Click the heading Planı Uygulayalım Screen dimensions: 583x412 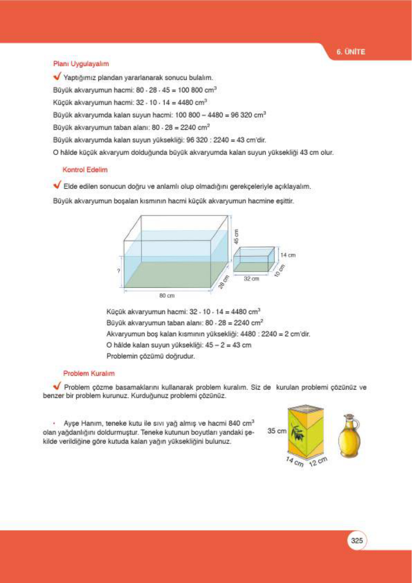coord(81,64)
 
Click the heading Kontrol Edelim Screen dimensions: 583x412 coord(85,170)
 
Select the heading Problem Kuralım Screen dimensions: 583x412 coord(89,373)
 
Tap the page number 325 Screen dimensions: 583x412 coord(357,540)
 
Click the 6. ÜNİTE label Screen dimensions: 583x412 coord(351,52)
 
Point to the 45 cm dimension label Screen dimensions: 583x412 coord(236,237)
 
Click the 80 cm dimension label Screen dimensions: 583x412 coord(167,296)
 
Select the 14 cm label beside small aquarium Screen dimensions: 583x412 coord(288,255)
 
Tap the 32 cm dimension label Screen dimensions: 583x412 coord(251,279)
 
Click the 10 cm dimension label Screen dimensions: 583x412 coord(280,270)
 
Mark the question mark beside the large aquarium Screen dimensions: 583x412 coord(119,271)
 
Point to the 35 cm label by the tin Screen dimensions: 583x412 coord(276,431)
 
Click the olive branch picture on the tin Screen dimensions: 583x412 coord(298,432)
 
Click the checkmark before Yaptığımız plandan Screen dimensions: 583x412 coord(57,76)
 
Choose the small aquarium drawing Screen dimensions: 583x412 coord(254,259)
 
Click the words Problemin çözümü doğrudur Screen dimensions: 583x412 coord(150,356)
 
